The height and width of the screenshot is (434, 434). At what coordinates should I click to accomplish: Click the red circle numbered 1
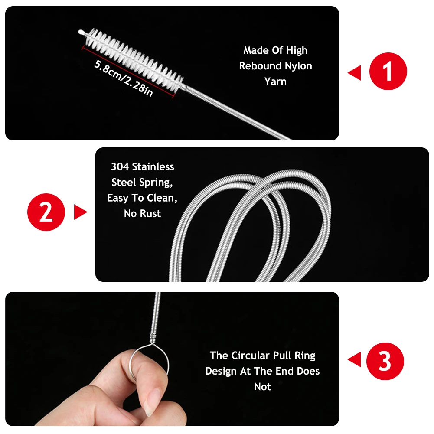pyautogui.click(x=388, y=72)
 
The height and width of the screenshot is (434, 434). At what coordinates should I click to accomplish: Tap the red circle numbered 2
pyautogui.click(x=46, y=212)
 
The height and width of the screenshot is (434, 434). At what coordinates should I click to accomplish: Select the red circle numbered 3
pyautogui.click(x=385, y=361)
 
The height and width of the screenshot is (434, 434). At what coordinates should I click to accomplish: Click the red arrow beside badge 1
pyautogui.click(x=355, y=73)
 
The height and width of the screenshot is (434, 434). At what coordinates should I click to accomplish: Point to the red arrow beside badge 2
pyautogui.click(x=81, y=212)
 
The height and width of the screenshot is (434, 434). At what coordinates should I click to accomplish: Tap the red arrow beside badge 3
pyautogui.click(x=355, y=359)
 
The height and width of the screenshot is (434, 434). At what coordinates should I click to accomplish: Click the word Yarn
pyautogui.click(x=275, y=81)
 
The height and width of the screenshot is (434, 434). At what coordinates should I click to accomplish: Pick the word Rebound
pyautogui.click(x=260, y=66)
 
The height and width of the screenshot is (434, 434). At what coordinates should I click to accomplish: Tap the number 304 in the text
pyautogui.click(x=120, y=167)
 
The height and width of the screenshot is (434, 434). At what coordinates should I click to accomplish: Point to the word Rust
pyautogui.click(x=150, y=214)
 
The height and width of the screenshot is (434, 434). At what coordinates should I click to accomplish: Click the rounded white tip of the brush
pyautogui.click(x=81, y=32)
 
